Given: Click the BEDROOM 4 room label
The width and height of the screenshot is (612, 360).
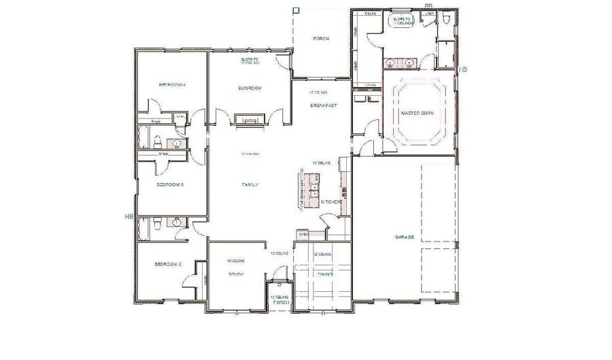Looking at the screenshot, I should (x=172, y=85).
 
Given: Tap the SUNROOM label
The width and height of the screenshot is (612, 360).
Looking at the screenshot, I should (x=250, y=88).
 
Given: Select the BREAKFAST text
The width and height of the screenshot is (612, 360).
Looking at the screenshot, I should (x=324, y=105).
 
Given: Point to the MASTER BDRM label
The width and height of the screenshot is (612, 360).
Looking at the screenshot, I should (x=417, y=112).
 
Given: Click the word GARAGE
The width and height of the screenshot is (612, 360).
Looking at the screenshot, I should (x=405, y=238).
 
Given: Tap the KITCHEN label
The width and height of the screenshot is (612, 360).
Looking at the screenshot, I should (x=330, y=202).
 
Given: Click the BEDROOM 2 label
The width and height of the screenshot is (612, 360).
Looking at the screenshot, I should (x=167, y=264).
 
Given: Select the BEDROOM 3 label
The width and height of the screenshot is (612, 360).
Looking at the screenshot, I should (x=171, y=184).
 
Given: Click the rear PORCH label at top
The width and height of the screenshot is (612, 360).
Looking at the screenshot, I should (x=321, y=39).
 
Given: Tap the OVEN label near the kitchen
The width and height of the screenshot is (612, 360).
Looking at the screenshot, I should (x=303, y=235).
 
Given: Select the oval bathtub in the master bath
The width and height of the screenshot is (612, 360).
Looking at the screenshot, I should (x=402, y=22).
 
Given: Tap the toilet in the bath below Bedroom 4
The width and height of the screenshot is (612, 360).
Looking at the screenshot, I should (x=157, y=142).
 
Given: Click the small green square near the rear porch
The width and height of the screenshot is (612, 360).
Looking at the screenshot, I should (x=296, y=10).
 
